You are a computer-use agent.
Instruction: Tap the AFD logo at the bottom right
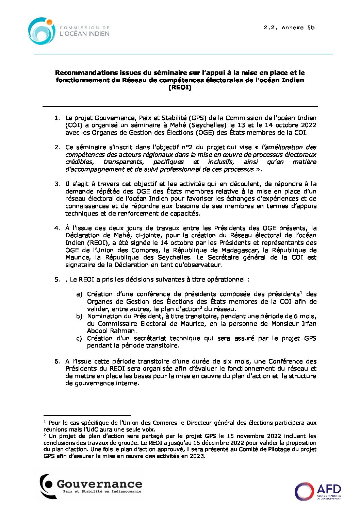click(317, 491)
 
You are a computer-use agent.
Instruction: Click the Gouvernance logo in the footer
click(91, 486)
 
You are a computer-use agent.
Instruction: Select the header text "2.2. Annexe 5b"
click(289, 28)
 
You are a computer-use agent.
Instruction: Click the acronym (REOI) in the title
click(180, 88)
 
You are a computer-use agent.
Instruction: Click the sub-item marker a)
click(79, 294)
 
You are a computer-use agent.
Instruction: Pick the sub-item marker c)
click(79, 338)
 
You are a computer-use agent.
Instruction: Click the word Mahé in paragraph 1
click(178, 125)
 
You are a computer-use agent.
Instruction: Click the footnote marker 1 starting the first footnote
click(45, 422)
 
